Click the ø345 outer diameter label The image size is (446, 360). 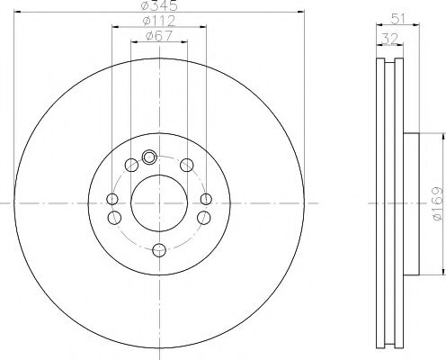tap(159, 6)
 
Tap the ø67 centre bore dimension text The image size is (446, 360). tap(159, 37)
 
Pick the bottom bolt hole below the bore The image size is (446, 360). tap(158, 250)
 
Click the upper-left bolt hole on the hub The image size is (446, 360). tap(132, 164)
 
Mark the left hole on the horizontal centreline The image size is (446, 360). tap(111, 200)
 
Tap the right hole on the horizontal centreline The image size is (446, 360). tap(206, 200)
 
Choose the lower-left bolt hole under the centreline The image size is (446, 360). tap(114, 217)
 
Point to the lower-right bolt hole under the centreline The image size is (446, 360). tap(203, 217)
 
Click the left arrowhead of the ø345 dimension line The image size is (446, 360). tap(19, 12)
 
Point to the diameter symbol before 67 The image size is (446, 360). tap(149, 38)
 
